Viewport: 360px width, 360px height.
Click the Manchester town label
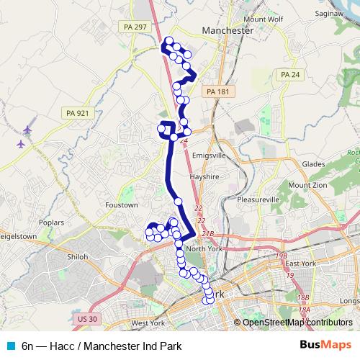click(229, 32)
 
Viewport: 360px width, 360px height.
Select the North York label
click(205, 248)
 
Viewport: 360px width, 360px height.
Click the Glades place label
click(314, 163)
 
